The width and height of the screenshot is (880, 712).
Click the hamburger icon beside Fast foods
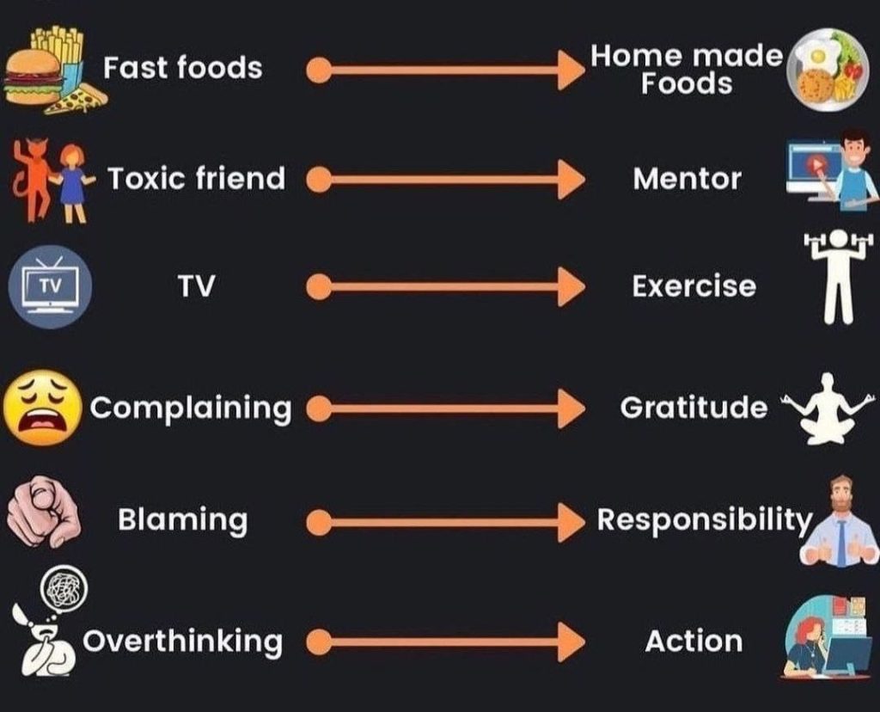pyautogui.click(x=34, y=78)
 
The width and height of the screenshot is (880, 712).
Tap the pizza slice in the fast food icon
pyautogui.click(x=77, y=99)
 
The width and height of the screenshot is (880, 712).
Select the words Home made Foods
pyautogui.click(x=686, y=70)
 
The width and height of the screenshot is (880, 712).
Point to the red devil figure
pyautogui.click(x=34, y=178)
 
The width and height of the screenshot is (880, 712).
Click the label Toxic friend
pyautogui.click(x=196, y=179)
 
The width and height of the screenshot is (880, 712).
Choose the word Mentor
pyautogui.click(x=687, y=179)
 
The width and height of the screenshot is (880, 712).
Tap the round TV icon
pyautogui.click(x=49, y=286)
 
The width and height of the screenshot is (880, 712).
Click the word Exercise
pyautogui.click(x=694, y=286)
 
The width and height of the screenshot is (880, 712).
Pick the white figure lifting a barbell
pyautogui.click(x=838, y=275)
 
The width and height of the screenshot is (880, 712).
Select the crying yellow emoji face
pyautogui.click(x=43, y=408)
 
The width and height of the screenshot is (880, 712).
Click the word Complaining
pyautogui.click(x=191, y=408)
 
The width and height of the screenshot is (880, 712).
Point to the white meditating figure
pyautogui.click(x=826, y=408)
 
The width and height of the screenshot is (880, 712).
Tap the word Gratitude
pyautogui.click(x=694, y=407)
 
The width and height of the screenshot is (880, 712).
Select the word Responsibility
pyautogui.click(x=704, y=520)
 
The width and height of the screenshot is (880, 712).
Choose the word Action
pyautogui.click(x=694, y=641)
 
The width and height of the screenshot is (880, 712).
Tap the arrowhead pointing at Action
pyautogui.click(x=571, y=641)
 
